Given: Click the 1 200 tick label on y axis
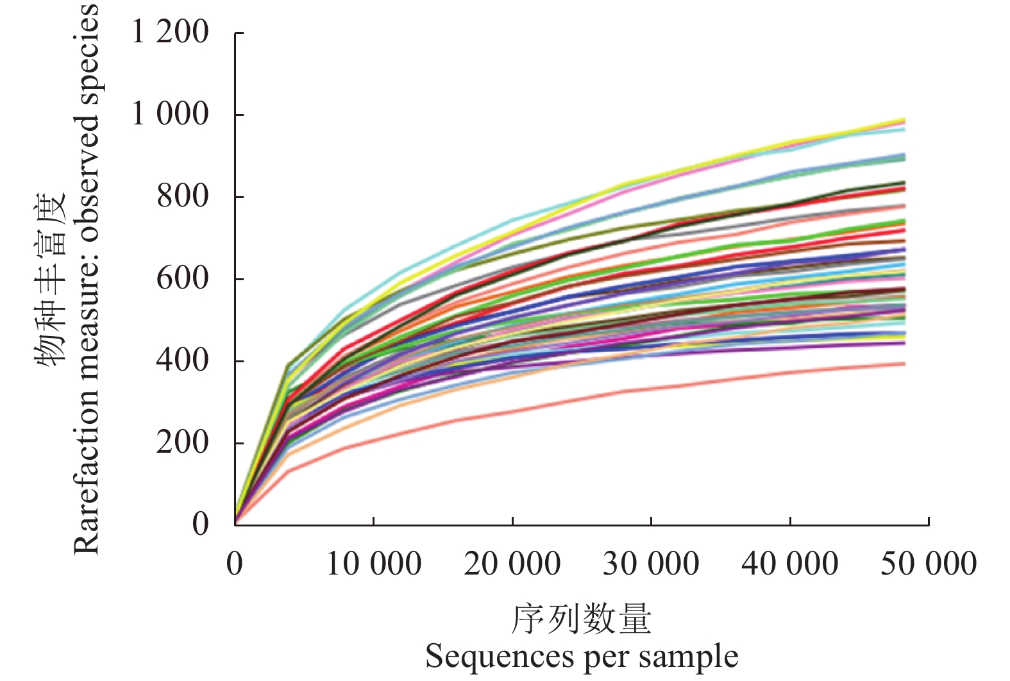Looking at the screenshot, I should pyautogui.click(x=170, y=32).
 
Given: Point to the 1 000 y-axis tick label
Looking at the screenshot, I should pyautogui.click(x=170, y=114).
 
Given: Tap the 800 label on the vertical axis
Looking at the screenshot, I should pyautogui.click(x=183, y=196).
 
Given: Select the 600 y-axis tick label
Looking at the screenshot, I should pyautogui.click(x=183, y=278).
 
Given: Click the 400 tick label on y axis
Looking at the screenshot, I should pyautogui.click(x=183, y=360).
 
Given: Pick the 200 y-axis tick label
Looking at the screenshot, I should pyautogui.click(x=183, y=442).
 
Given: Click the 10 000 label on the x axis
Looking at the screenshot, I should pyautogui.click(x=374, y=564).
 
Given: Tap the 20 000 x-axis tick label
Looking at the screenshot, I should pyautogui.click(x=512, y=564).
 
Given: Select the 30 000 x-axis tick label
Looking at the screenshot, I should pyautogui.click(x=651, y=564).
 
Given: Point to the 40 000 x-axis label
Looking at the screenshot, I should pyautogui.click(x=789, y=564).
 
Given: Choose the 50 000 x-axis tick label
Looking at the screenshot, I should pyautogui.click(x=928, y=564).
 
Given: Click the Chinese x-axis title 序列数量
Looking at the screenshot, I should pyautogui.click(x=581, y=619).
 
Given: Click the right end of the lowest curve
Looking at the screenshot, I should pyautogui.click(x=904, y=364).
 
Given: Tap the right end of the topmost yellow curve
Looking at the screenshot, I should pyautogui.click(x=904, y=120).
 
